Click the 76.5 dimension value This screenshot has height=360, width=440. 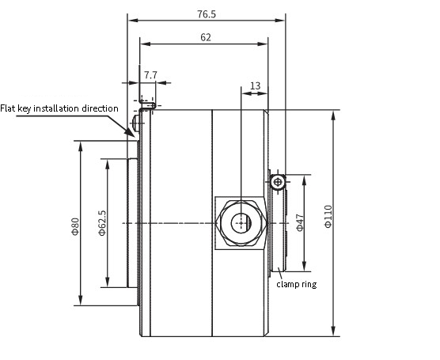(207, 14)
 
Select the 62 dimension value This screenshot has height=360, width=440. (206, 37)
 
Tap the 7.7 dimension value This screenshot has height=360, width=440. (150, 75)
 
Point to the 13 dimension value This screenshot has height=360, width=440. (255, 85)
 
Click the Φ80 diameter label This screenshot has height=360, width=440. (75, 226)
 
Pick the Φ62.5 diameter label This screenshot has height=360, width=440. (102, 223)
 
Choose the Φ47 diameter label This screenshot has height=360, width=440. (300, 222)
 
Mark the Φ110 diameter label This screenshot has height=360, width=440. (328, 216)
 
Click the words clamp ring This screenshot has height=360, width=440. (297, 284)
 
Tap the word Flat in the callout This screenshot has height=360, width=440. (8, 108)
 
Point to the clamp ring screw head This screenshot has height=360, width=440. (278, 182)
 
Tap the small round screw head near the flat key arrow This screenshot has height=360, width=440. (135, 123)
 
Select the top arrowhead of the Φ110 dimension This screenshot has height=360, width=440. (333, 116)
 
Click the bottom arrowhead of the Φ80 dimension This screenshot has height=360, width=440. (81, 300)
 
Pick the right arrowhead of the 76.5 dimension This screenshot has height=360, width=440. (279, 21)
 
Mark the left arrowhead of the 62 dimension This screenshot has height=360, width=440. (146, 44)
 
